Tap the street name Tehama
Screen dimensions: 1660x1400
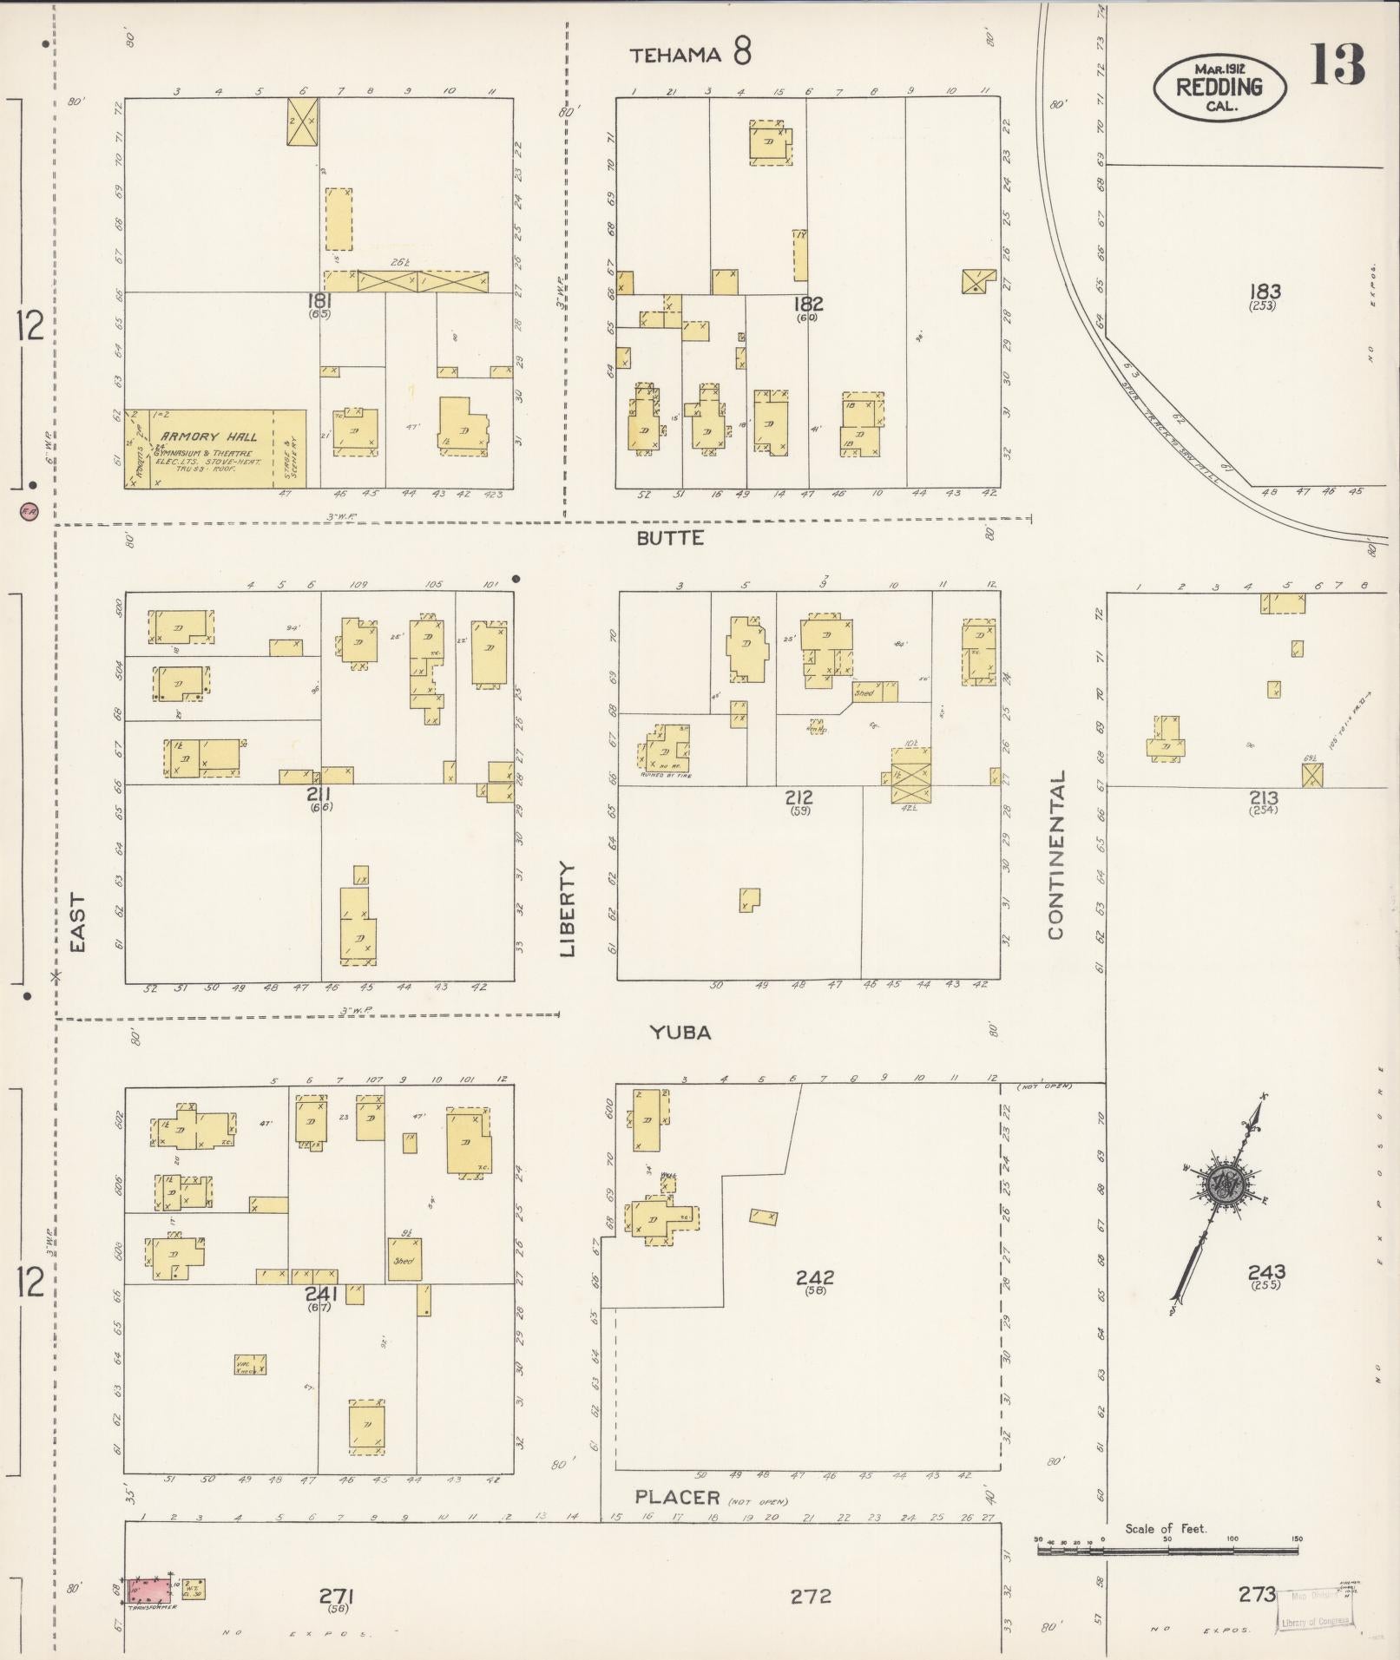[675, 56]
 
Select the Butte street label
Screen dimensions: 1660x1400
[670, 538]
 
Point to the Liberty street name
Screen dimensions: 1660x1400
[568, 909]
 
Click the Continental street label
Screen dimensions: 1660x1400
[1056, 856]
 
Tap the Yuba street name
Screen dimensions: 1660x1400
[680, 1033]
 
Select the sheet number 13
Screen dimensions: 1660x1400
[1337, 66]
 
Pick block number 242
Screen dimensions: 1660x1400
[814, 1277]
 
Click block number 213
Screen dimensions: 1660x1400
[1263, 797]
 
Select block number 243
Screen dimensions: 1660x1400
[1266, 1273]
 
